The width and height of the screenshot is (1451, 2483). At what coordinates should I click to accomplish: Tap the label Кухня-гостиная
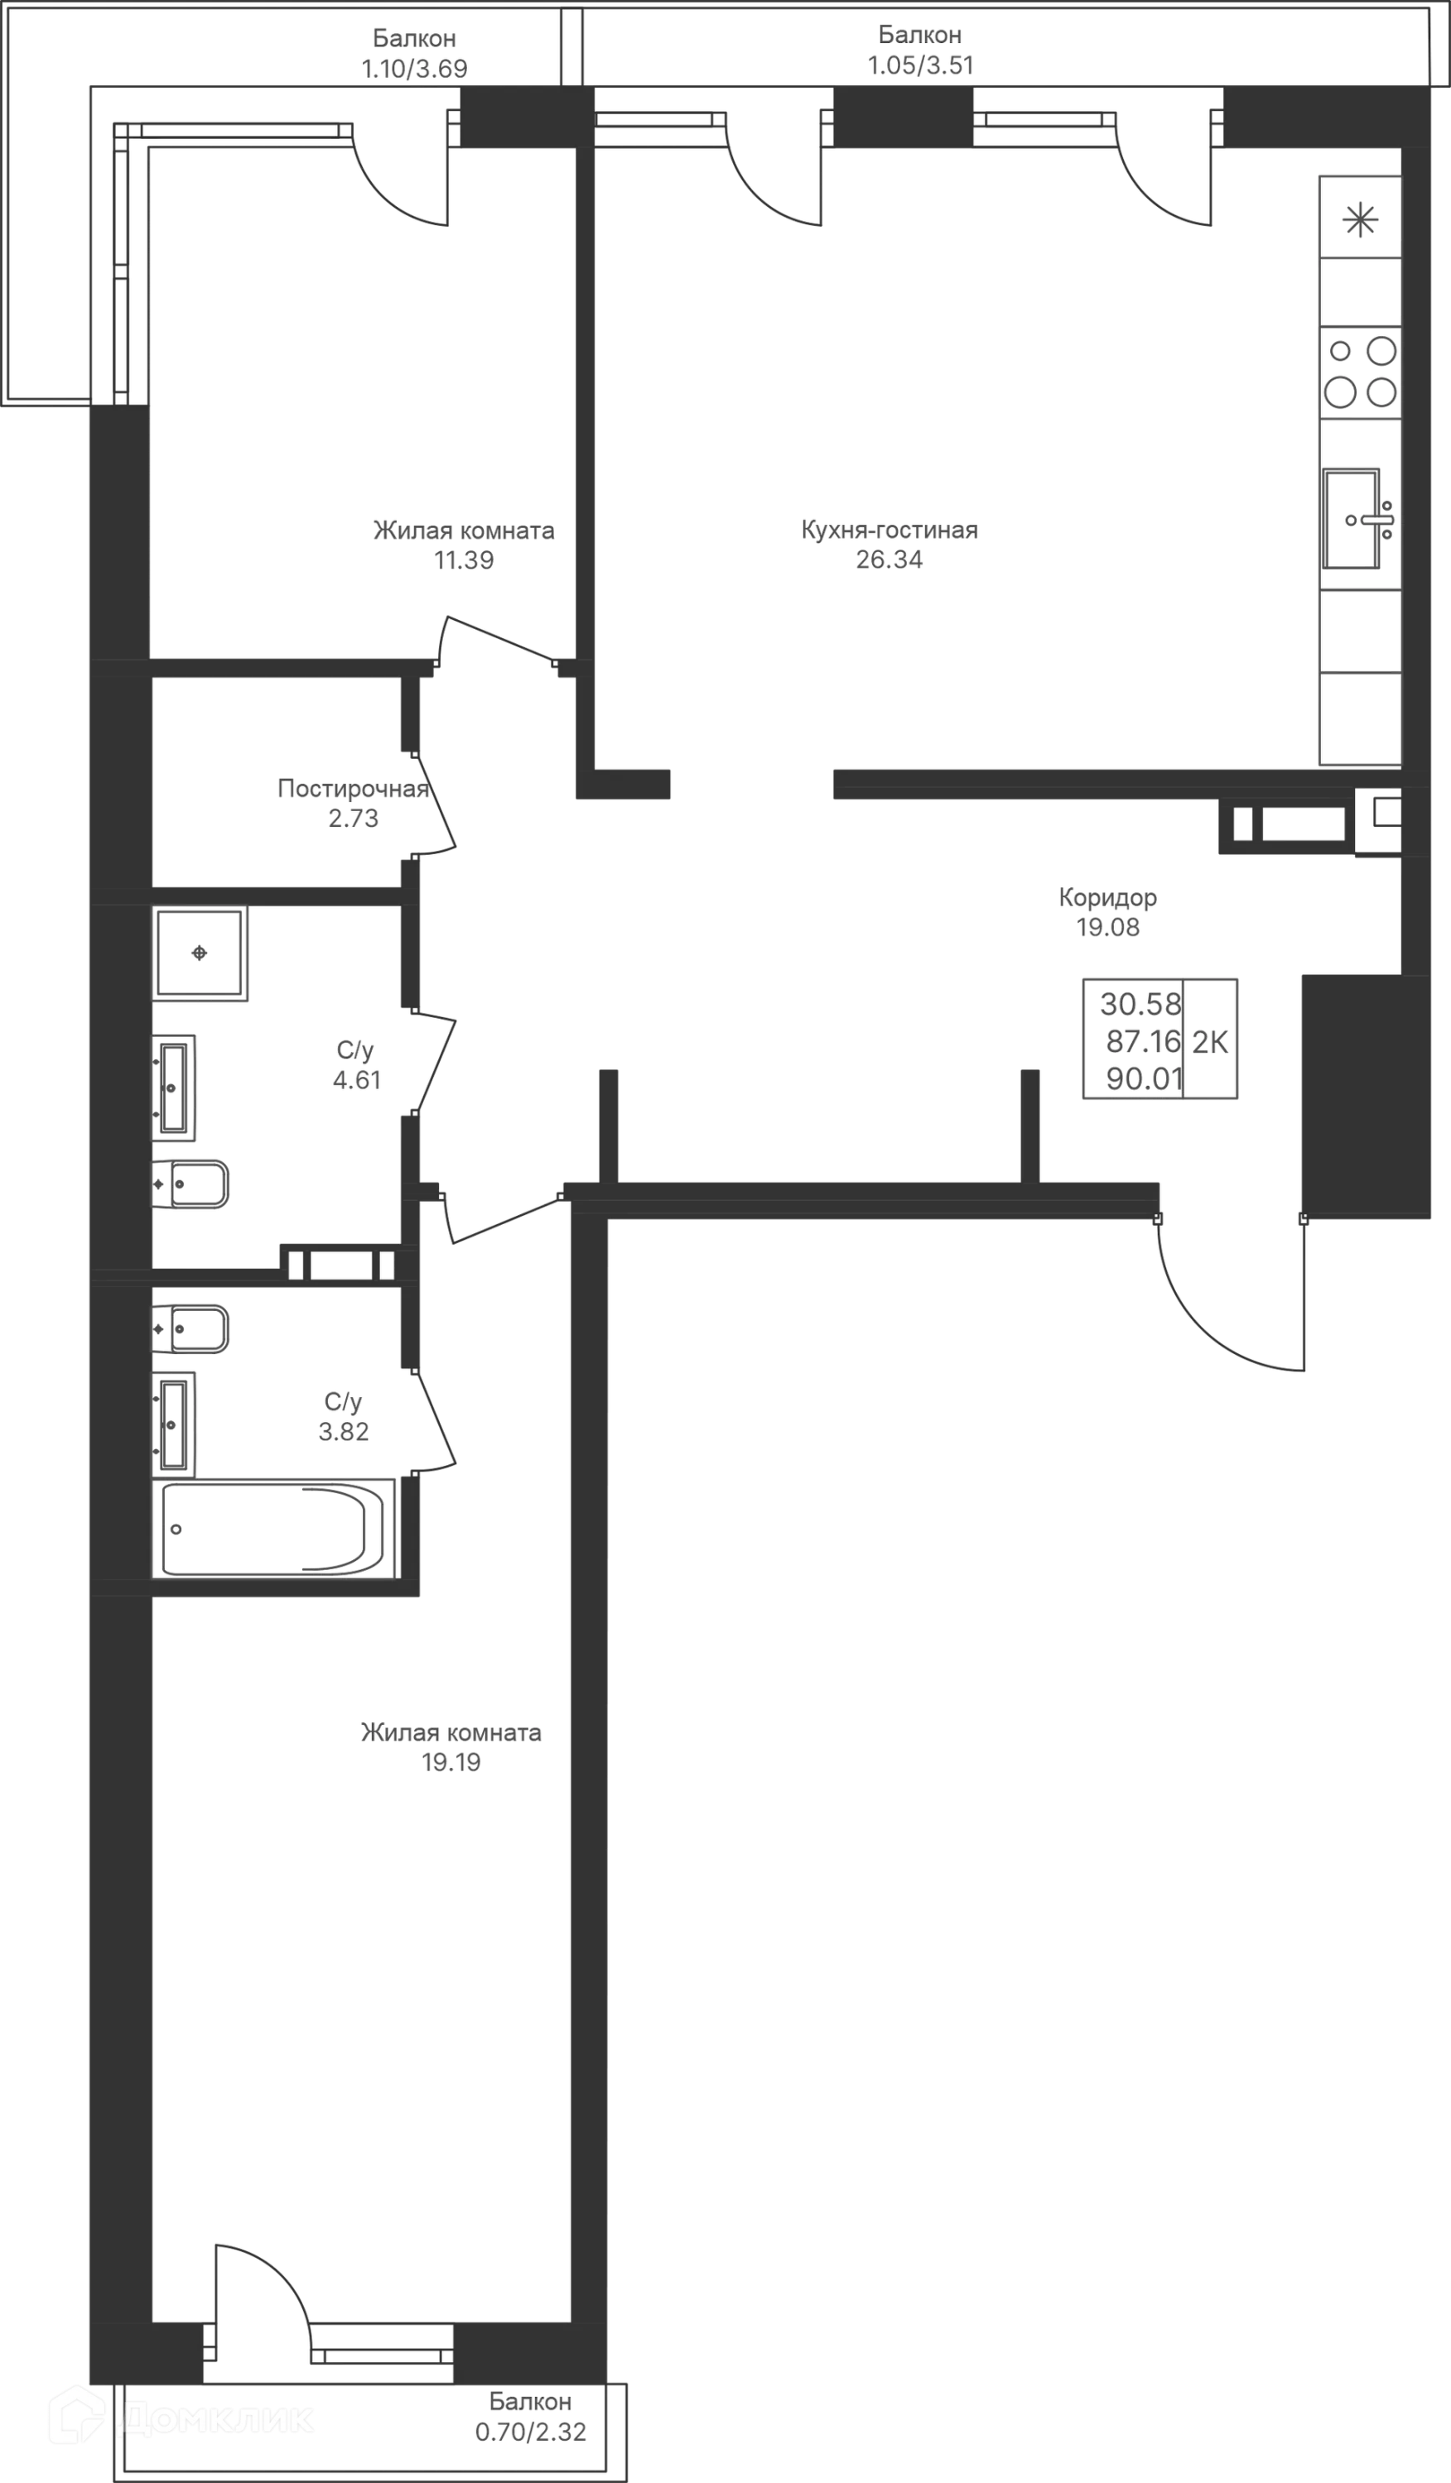pyautogui.click(x=890, y=531)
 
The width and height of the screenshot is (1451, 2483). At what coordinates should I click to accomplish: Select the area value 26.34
pyautogui.click(x=890, y=562)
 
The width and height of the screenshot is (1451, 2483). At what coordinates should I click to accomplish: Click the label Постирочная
pyautogui.click(x=354, y=788)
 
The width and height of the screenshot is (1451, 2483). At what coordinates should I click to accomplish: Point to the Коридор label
pyautogui.click(x=1108, y=898)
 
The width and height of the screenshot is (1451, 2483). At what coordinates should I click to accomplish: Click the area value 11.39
pyautogui.click(x=463, y=562)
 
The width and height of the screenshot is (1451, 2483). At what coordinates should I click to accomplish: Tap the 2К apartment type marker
pyautogui.click(x=1212, y=1040)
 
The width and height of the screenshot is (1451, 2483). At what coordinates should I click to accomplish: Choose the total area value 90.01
pyautogui.click(x=1144, y=1079)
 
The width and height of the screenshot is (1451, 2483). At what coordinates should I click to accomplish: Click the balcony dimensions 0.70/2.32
pyautogui.click(x=530, y=2432)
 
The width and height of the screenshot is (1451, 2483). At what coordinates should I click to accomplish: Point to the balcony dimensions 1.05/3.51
pyautogui.click(x=918, y=66)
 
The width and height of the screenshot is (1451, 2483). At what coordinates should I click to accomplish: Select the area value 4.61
pyautogui.click(x=357, y=1080)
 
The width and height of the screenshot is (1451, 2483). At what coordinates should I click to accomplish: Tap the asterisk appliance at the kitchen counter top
pyautogui.click(x=1360, y=219)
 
